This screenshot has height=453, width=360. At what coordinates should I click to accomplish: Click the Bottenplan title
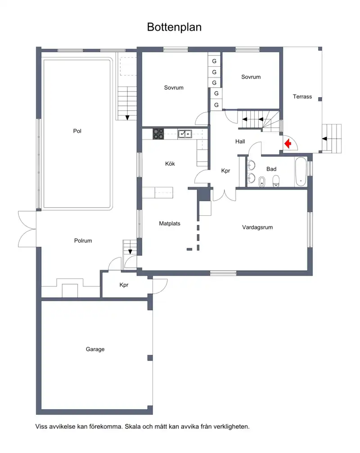coord(174,27)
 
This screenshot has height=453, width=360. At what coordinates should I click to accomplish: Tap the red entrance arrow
coord(288,143)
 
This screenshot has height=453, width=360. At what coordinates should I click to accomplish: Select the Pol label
coord(77,131)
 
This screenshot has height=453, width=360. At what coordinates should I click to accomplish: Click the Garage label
coord(95,349)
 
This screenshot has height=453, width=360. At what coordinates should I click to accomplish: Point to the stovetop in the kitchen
coord(158,134)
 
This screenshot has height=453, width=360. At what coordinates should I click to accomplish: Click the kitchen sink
coord(185,134)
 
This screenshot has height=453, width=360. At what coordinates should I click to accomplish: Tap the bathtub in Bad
coord(301,172)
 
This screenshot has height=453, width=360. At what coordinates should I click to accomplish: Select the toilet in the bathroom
coord(276,181)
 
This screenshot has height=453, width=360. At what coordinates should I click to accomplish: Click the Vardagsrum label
coord(257,227)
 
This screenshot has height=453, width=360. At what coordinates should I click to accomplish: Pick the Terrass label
coord(302,97)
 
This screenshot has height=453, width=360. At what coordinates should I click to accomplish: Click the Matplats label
coord(170,224)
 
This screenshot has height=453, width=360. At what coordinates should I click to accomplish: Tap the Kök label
coord(170,164)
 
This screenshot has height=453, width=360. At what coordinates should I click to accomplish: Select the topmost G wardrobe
coord(214,61)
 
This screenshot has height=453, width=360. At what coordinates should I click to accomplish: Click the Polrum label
coord(83,240)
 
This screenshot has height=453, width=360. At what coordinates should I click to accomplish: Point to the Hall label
coord(240,141)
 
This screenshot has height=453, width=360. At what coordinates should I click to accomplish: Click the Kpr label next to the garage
coord(124,285)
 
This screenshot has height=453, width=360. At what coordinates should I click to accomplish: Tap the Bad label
coord(271,169)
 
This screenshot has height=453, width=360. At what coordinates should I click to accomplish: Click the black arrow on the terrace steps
coord(324,139)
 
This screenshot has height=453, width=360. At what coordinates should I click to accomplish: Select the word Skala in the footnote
coord(132,426)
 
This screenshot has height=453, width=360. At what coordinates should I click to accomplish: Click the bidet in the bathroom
coord(262,182)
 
